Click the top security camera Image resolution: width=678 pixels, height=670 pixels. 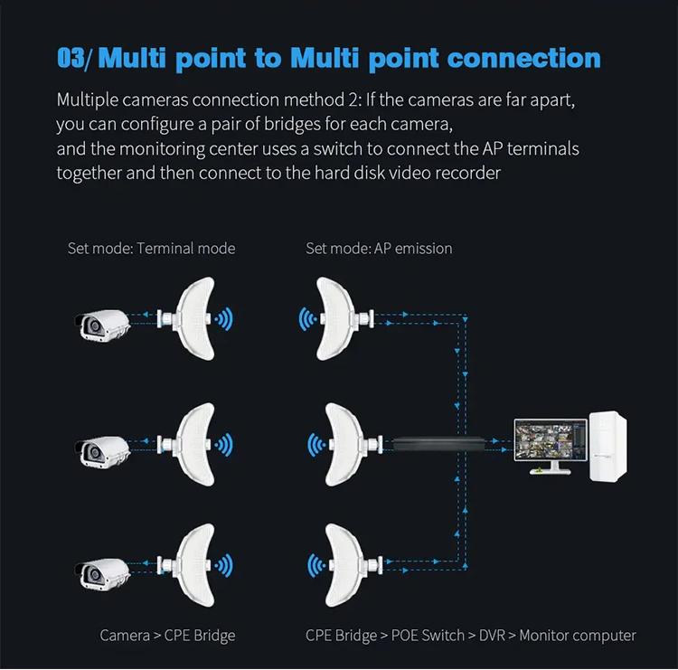pos(102,326)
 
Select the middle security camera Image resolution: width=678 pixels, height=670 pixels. pos(102,452)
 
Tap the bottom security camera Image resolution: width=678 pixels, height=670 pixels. pos(102,573)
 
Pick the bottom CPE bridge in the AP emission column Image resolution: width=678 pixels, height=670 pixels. pos(353,565)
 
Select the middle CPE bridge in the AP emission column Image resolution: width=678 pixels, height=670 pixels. pos(353,445)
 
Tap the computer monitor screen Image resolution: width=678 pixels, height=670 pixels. pos(551,439)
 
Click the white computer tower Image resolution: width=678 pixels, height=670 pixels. pos(607,447)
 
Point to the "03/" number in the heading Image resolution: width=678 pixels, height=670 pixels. pos(74,58)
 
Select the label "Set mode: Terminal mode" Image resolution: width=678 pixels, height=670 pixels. pos(151,249)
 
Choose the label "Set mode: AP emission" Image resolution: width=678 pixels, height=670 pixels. pos(379,249)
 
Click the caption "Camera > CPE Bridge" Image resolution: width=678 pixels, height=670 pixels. pos(167,636)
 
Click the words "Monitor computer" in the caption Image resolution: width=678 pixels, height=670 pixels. pos(578,636)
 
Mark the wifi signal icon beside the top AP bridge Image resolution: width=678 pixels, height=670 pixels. pos(307,319)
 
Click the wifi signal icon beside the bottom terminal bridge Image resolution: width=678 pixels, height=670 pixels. pos(224,565)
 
